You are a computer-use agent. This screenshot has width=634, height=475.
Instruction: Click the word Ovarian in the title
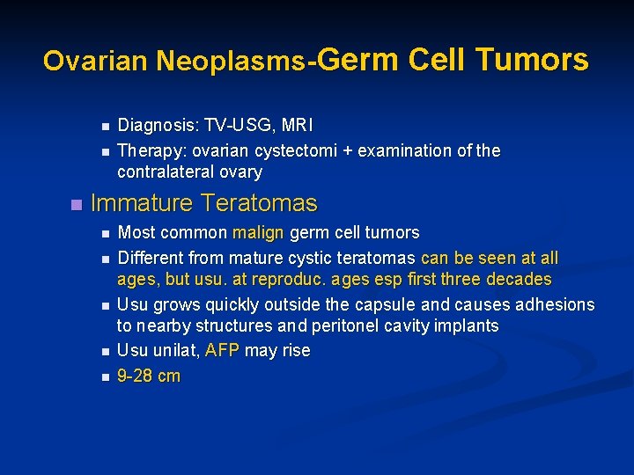(x=96, y=61)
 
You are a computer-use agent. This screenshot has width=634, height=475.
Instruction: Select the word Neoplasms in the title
(x=230, y=61)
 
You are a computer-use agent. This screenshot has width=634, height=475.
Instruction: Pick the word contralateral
(x=166, y=172)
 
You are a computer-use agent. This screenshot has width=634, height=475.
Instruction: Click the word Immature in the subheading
(x=141, y=203)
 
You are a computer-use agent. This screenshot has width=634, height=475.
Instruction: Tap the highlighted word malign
(x=258, y=233)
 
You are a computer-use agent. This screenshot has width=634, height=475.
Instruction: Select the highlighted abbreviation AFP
(x=221, y=350)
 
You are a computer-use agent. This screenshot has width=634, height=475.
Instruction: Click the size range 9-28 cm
(x=149, y=376)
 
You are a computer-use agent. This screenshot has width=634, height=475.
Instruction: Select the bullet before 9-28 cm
(x=104, y=376)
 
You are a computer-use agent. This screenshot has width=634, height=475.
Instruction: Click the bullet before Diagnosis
(x=104, y=127)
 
